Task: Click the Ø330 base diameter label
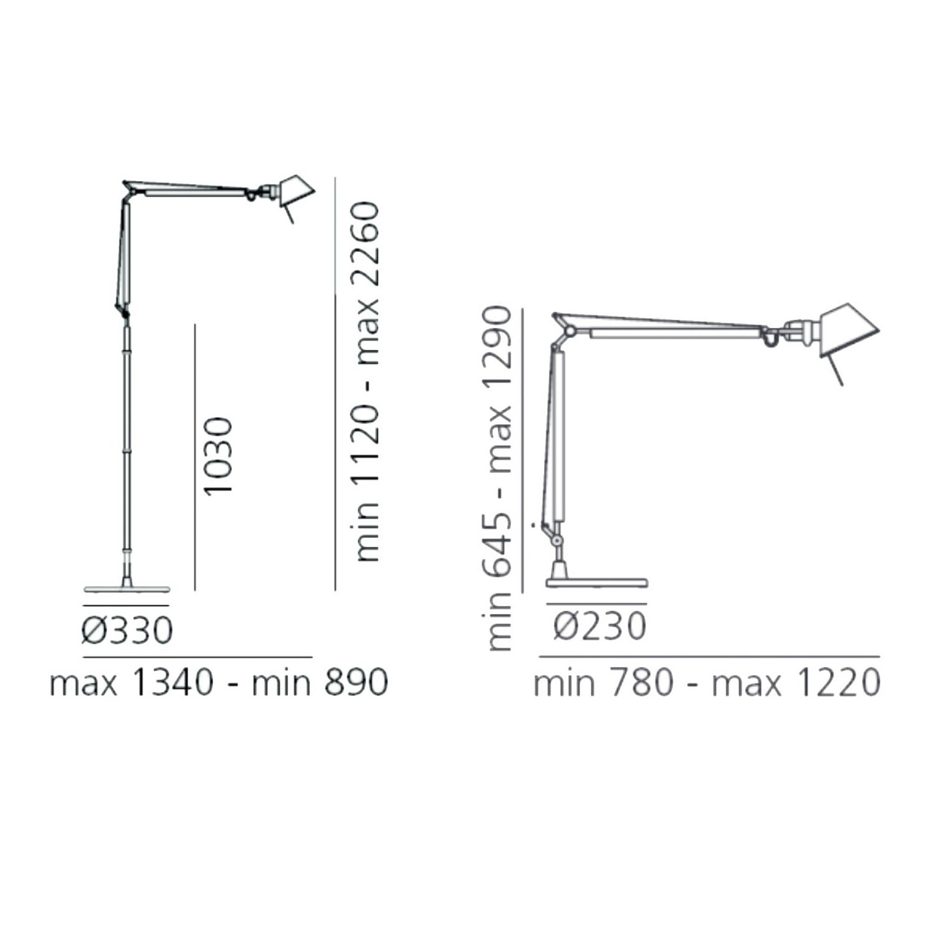pos(127,630)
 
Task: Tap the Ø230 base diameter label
pos(599,626)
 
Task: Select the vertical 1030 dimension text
pos(218,457)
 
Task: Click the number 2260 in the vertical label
pos(366,243)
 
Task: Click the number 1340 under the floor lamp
pos(173,682)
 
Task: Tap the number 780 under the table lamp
pos(641,682)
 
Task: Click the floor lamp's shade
pos(296,191)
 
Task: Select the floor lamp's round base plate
pos(127,588)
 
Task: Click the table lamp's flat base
pos(597,583)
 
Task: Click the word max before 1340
pos(84,683)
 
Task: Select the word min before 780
pos(564,682)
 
